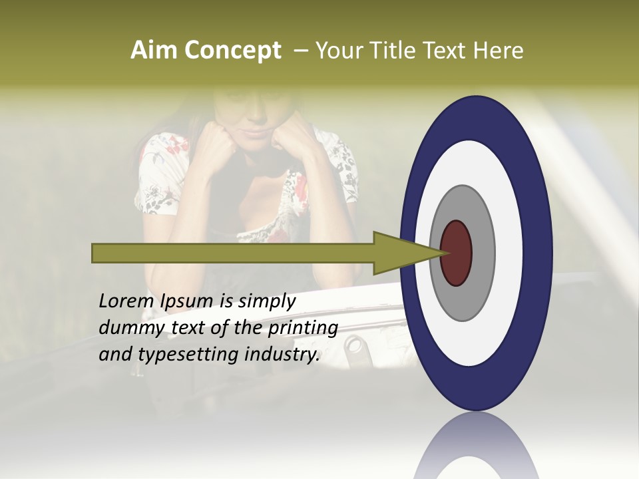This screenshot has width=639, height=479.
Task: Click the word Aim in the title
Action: click(x=154, y=51)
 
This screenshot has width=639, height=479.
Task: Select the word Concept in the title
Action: click(x=232, y=51)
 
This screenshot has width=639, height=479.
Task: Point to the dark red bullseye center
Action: click(x=457, y=253)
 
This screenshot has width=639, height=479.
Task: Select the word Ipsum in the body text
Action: click(x=188, y=302)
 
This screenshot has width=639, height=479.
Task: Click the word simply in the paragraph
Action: click(x=266, y=302)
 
